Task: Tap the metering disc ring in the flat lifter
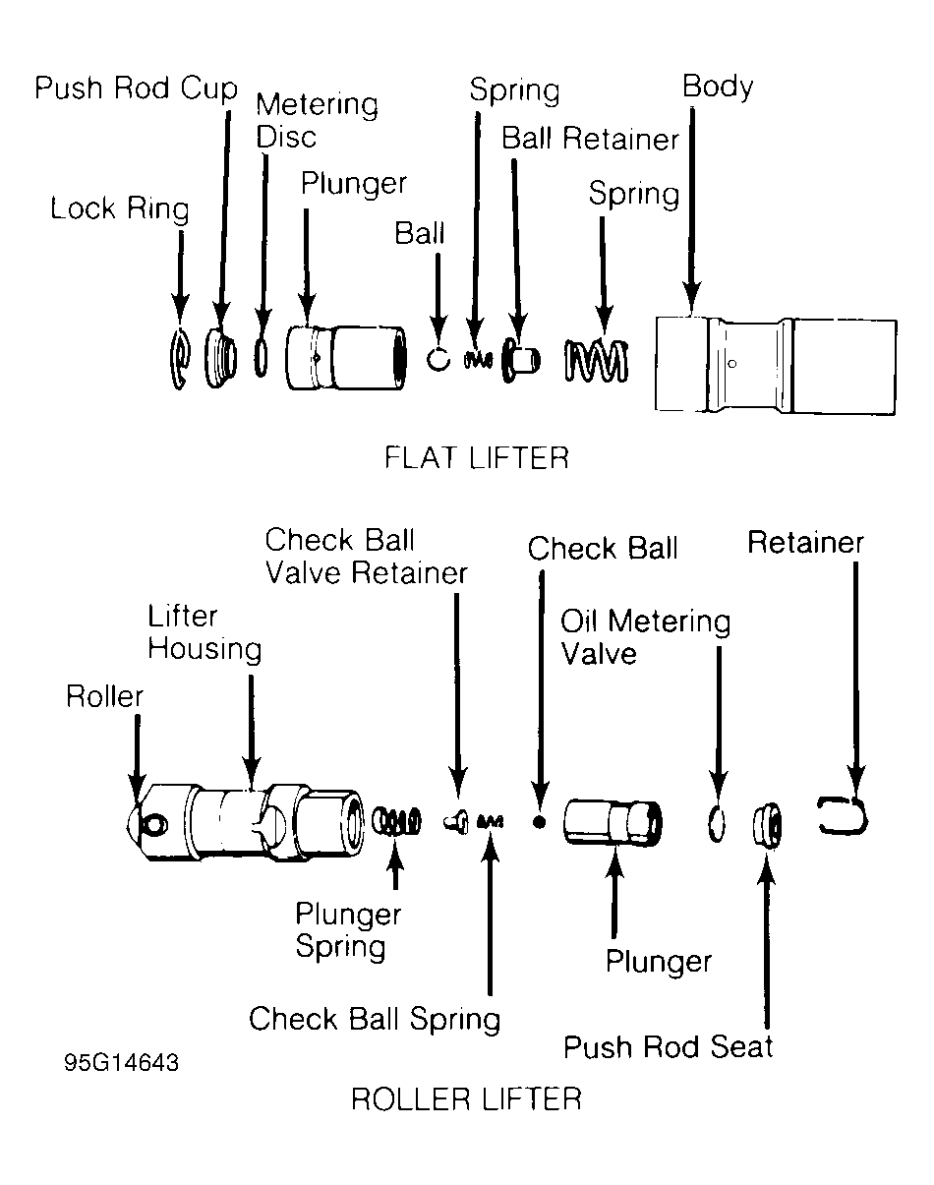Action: coord(261,356)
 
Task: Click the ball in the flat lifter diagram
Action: coord(438,358)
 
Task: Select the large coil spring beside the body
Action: coord(596,360)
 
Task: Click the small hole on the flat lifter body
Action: coord(731,363)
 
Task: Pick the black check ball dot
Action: coord(538,820)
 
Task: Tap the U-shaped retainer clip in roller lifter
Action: coord(845,816)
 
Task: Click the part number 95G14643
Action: coord(122,1064)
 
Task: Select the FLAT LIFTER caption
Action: coord(478,458)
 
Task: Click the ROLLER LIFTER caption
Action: coord(466,1098)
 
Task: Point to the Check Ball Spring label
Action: coord(374,1019)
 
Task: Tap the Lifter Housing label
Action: coord(204,633)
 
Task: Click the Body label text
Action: coord(718,88)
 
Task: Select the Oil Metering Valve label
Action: coord(645,637)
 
